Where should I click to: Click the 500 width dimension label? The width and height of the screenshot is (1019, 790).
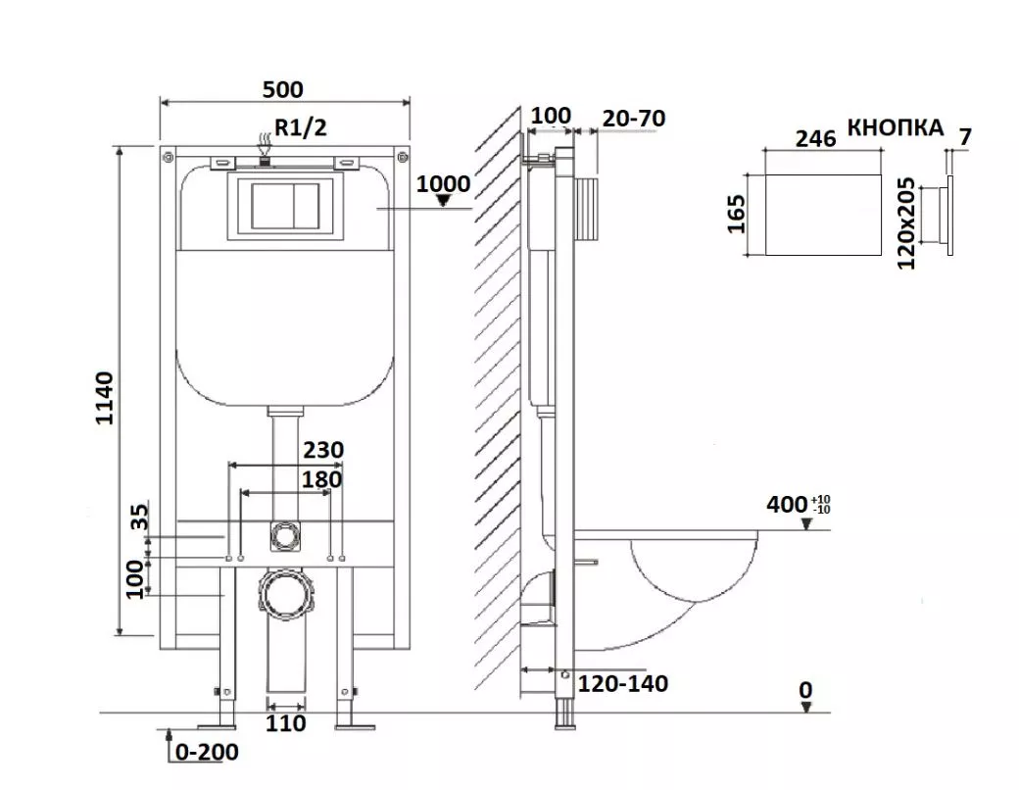tap(283, 90)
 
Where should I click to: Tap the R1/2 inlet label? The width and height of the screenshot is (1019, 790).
tap(300, 127)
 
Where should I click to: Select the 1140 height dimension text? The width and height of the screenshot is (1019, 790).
tap(104, 398)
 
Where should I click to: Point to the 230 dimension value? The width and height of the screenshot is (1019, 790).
tap(323, 450)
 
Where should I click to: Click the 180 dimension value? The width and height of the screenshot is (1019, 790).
tap(321, 480)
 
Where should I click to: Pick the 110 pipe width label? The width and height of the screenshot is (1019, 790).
tap(285, 723)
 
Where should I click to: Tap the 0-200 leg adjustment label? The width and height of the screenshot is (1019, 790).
tap(207, 753)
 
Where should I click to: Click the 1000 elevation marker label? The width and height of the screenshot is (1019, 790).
tap(443, 184)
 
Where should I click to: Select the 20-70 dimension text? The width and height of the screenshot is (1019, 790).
tap(634, 119)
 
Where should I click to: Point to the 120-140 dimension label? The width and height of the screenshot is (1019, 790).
tap(622, 684)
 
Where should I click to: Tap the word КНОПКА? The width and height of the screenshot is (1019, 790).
tap(895, 127)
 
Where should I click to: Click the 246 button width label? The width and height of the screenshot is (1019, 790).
tap(815, 138)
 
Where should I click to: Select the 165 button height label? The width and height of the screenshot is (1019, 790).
tap(736, 214)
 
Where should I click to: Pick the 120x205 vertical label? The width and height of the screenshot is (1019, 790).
tap(905, 223)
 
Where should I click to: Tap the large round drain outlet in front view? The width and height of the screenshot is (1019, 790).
tap(286, 592)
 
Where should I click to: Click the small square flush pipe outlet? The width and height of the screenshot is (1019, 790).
tap(283, 536)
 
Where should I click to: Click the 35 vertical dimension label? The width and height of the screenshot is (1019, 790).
tap(140, 517)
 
